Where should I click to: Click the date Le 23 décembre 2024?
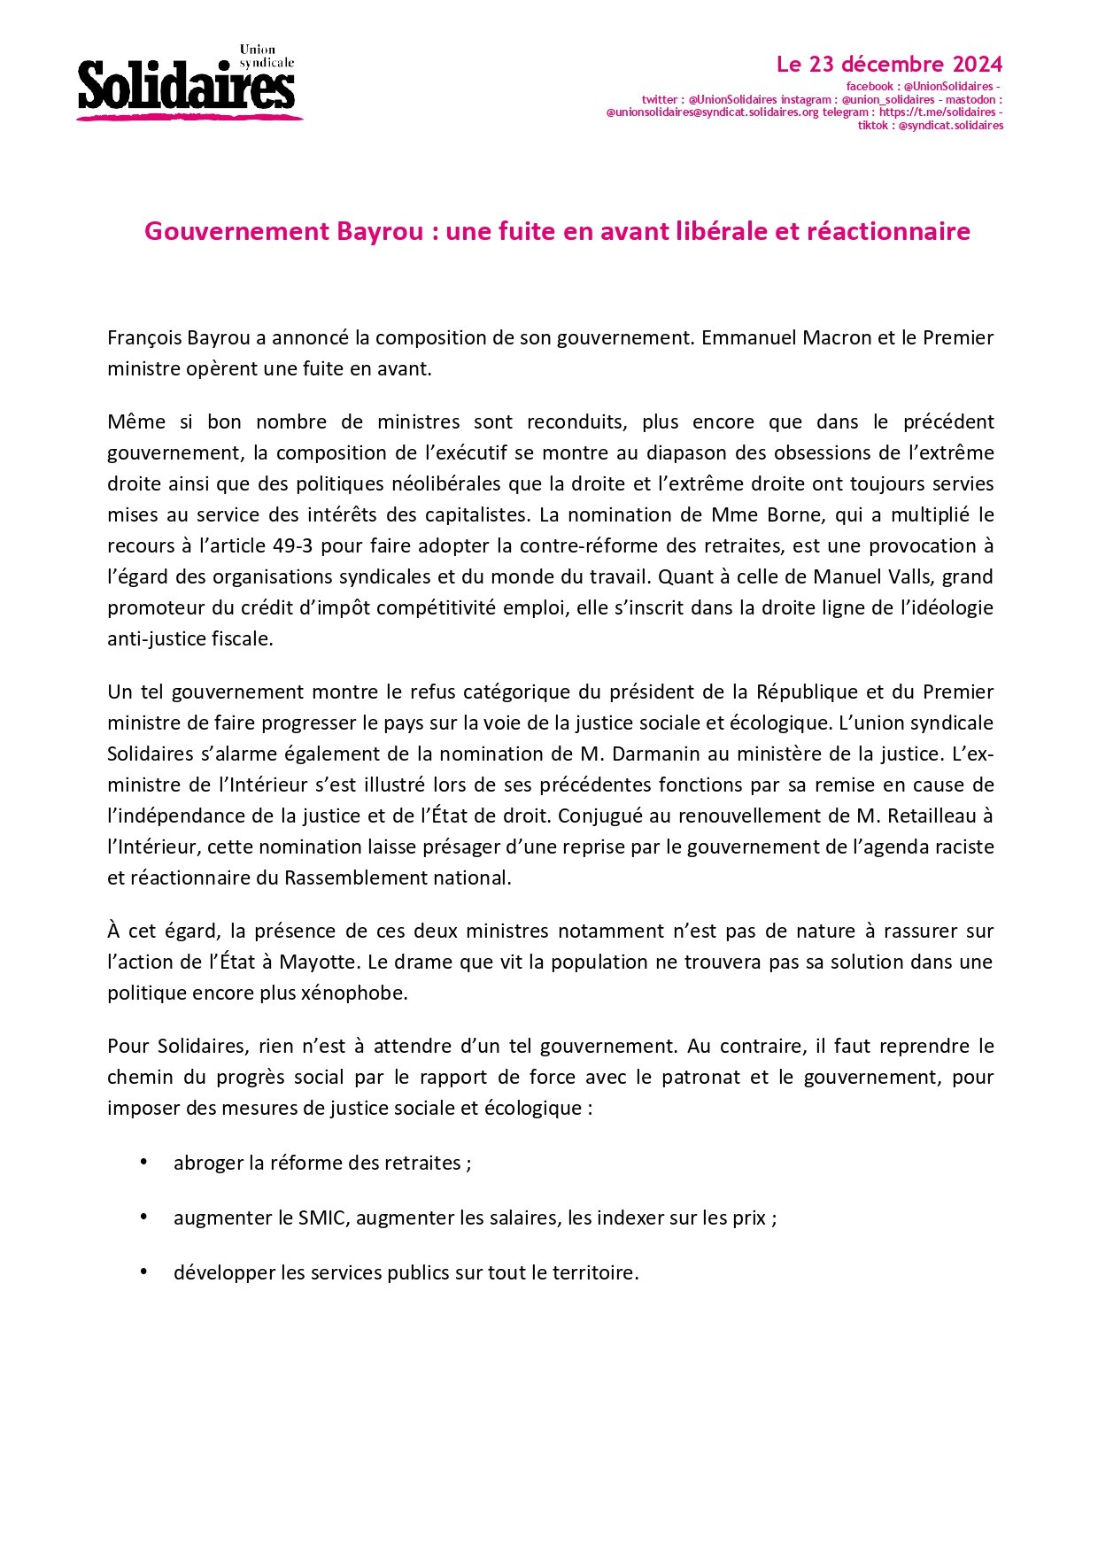pos(889,65)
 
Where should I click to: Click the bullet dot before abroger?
pos(143,1162)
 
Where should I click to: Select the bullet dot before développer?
pos(143,1272)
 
